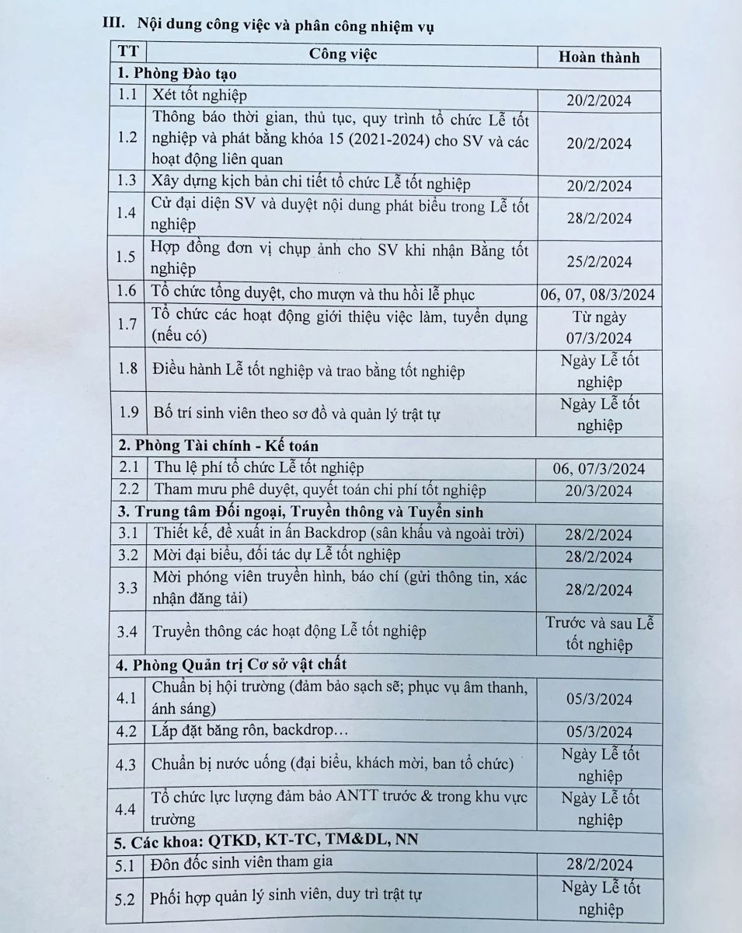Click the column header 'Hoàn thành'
click(x=599, y=57)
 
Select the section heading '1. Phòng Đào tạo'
click(x=176, y=75)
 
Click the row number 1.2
click(x=127, y=138)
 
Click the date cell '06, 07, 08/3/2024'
click(x=597, y=295)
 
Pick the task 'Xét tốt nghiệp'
click(x=199, y=96)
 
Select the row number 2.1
click(x=127, y=468)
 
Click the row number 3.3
click(x=127, y=588)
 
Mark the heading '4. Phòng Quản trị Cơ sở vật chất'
click(x=232, y=664)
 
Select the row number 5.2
click(x=125, y=899)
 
